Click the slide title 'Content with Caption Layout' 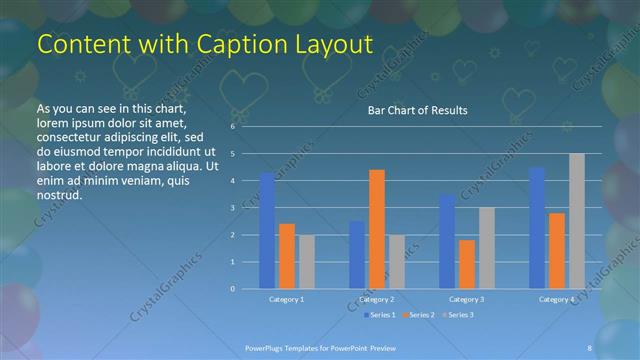(x=205, y=45)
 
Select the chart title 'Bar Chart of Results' (x=412, y=110)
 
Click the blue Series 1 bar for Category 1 (x=267, y=231)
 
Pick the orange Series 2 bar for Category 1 (x=287, y=256)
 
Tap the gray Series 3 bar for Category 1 (x=306, y=262)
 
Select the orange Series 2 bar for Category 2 (x=376, y=229)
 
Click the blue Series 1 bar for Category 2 (x=357, y=255)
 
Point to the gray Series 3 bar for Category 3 (x=486, y=248)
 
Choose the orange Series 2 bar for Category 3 (x=466, y=264)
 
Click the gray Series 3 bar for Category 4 (x=576, y=221)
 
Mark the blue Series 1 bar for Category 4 (x=537, y=228)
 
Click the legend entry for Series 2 (x=417, y=315)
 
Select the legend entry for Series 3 (x=457, y=315)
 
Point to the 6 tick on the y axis (x=232, y=127)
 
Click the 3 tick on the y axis (x=232, y=208)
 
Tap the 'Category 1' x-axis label (x=287, y=299)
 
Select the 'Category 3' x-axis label (x=466, y=299)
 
